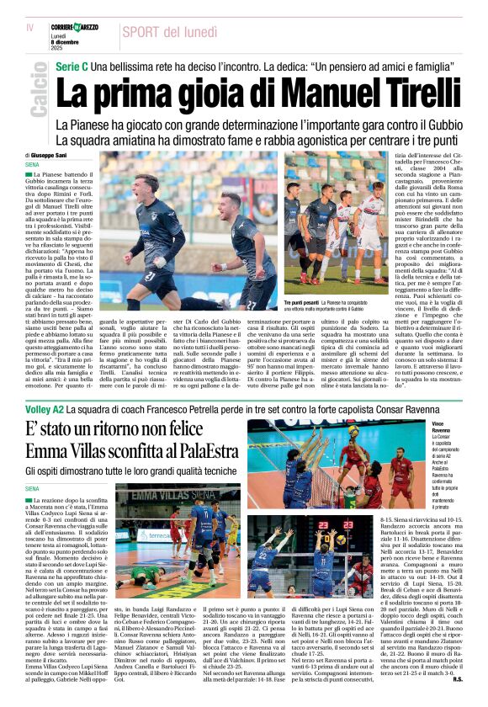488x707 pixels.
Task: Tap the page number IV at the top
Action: [30, 29]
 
